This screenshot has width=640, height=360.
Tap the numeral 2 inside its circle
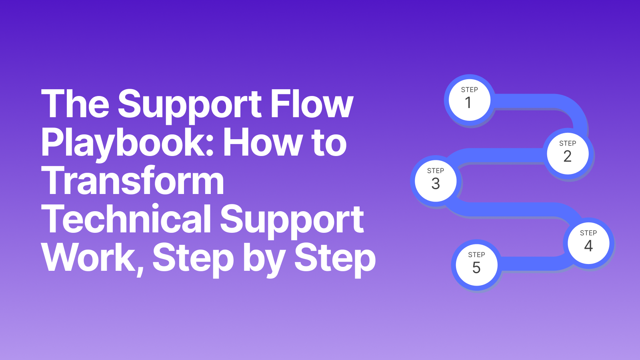[567, 156]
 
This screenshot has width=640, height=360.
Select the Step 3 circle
[436, 181]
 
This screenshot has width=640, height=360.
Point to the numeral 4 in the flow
[588, 246]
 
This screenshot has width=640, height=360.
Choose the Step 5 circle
[476, 265]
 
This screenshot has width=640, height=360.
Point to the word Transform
[132, 181]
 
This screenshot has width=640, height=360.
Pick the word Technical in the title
[126, 219]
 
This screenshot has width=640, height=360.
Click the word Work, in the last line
[92, 258]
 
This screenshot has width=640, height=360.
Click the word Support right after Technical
[292, 220]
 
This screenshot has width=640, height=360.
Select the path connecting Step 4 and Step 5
[532, 264]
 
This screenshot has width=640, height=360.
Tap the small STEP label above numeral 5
[476, 255]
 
